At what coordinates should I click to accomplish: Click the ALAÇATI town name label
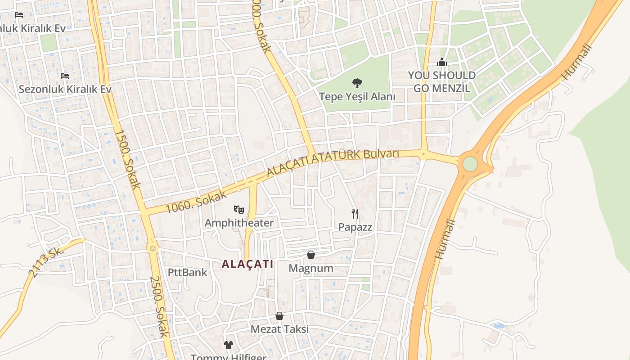(x=247, y=264)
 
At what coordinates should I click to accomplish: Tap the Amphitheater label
(x=239, y=223)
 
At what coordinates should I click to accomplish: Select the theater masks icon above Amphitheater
(x=239, y=209)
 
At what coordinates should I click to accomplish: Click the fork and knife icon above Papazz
(x=355, y=213)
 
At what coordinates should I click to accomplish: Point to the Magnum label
(x=311, y=269)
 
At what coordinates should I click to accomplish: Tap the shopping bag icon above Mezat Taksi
(x=279, y=316)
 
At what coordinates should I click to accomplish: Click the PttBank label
(x=188, y=272)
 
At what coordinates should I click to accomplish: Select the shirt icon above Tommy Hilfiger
(x=229, y=345)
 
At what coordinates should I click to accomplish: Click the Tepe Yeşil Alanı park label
(x=357, y=96)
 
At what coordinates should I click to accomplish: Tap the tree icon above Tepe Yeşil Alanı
(x=357, y=83)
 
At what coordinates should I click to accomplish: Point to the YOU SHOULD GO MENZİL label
(x=441, y=81)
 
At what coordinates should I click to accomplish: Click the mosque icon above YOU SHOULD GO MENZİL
(x=442, y=62)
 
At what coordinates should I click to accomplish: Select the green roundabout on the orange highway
(x=470, y=164)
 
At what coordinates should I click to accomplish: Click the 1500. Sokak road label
(x=128, y=159)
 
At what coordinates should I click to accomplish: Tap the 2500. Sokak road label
(x=159, y=306)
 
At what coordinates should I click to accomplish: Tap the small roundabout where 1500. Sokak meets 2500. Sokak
(x=153, y=248)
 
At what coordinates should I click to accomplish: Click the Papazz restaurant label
(x=355, y=227)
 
